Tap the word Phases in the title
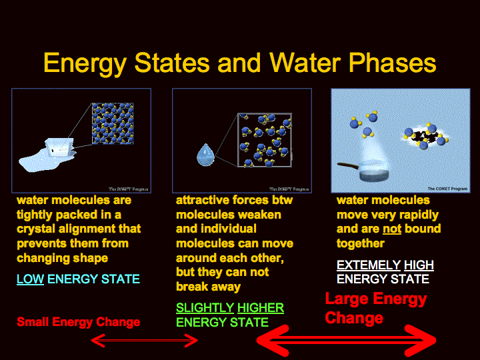pyautogui.click(x=393, y=63)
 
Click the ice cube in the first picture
pyautogui.click(x=60, y=147)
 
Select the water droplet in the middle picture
pyautogui.click(x=206, y=155)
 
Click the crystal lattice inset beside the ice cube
pyautogui.click(x=113, y=123)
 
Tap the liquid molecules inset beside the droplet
pyautogui.click(x=265, y=140)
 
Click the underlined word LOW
pyautogui.click(x=30, y=279)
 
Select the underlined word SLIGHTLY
pyautogui.click(x=205, y=307)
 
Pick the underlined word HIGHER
pyautogui.click(x=261, y=307)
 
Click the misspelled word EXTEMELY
pyautogui.click(x=369, y=265)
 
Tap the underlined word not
pyautogui.click(x=392, y=229)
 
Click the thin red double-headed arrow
pyautogui.click(x=145, y=341)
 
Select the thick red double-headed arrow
pyautogui.click(x=346, y=341)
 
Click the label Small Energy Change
pyautogui.click(x=79, y=322)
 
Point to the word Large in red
pyautogui.click(x=346, y=299)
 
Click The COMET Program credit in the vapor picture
pyautogui.click(x=447, y=189)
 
